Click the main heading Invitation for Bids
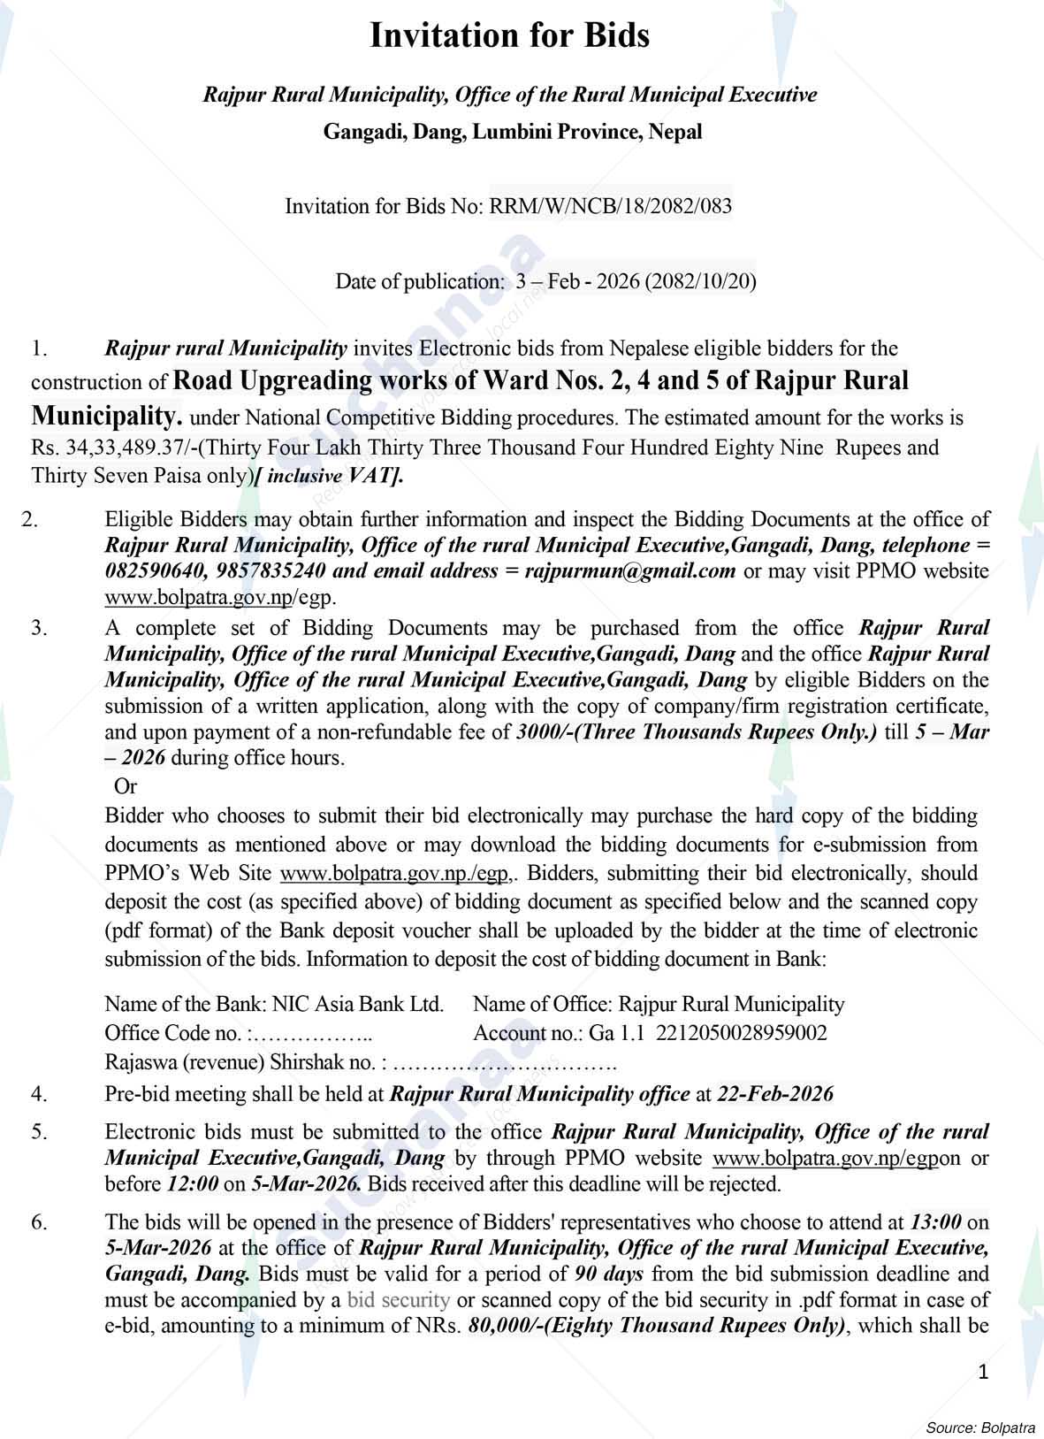click(x=509, y=36)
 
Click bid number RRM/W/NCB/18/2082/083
click(x=611, y=206)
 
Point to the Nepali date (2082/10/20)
click(x=700, y=281)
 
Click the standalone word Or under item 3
click(x=126, y=785)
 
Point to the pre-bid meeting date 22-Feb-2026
click(x=775, y=1094)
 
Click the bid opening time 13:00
click(x=934, y=1222)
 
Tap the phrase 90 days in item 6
click(x=608, y=1274)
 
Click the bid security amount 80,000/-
click(x=502, y=1326)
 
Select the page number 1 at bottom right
click(x=983, y=1372)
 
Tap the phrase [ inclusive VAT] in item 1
click(x=329, y=476)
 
